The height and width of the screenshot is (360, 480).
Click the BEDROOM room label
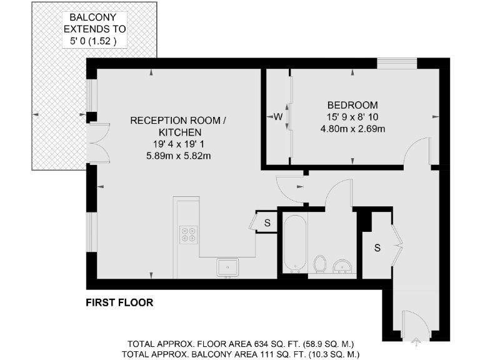coord(352,105)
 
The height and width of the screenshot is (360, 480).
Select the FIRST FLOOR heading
coord(119,303)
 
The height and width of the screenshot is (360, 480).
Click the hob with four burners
coord(188,234)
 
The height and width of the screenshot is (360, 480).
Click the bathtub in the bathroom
coord(294,244)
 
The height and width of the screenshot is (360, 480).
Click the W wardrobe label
coord(278,117)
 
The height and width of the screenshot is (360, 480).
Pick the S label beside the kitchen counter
coord(267,222)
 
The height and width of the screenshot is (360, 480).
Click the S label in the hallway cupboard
coord(377,247)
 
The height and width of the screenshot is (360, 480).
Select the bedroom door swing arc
coord(414,150)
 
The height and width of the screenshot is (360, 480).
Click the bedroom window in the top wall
coord(398,62)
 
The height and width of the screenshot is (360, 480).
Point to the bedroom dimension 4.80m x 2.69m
coord(352,129)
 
